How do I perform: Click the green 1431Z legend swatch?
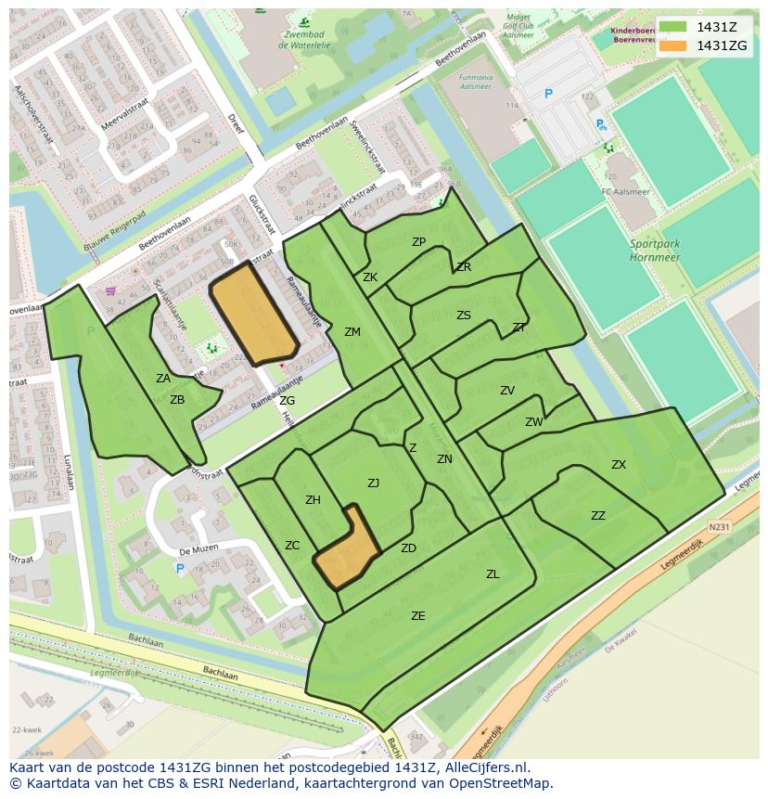(x=673, y=27)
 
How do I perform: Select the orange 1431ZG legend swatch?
(x=673, y=45)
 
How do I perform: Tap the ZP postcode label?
(x=418, y=242)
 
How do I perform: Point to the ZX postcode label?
(x=619, y=465)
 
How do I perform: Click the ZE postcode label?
(x=418, y=615)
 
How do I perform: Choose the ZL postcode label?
(x=493, y=574)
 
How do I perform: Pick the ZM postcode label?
(x=352, y=331)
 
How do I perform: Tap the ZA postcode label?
(x=163, y=378)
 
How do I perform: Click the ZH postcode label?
(x=313, y=500)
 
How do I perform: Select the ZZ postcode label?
(x=598, y=516)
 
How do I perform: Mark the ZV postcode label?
(x=507, y=391)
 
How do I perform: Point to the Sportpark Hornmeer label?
(x=655, y=250)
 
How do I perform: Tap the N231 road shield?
(x=719, y=526)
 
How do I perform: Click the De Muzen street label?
(x=198, y=548)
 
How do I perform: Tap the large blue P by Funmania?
(x=548, y=94)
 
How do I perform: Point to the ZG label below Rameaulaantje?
(x=288, y=401)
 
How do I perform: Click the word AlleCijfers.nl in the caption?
(x=485, y=767)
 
